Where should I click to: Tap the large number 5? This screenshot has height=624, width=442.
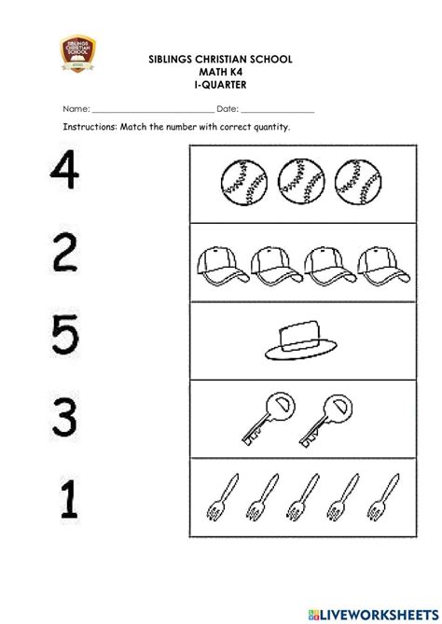coord(65,334)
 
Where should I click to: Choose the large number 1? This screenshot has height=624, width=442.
coord(70,499)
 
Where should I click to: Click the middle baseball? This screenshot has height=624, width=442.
coord(301,182)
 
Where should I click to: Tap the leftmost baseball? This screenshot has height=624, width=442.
coord(244,182)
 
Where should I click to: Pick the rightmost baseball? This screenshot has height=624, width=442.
coord(358,182)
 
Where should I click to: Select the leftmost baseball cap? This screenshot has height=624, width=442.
coord(223,266)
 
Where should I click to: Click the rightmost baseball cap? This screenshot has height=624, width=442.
coord(383,266)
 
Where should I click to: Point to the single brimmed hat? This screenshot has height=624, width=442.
coord(301,340)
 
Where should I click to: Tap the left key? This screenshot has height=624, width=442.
coord(269,418)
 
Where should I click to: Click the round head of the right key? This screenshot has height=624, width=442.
coord(338,408)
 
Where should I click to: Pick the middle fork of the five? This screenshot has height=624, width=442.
coord(302,497)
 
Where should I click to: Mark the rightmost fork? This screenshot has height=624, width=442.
coord(382,497)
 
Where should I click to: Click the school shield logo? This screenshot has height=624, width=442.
coord(77,53)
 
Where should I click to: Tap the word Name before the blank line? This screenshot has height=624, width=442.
coord(76,108)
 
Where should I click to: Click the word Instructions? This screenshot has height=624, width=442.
coord(90,127)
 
